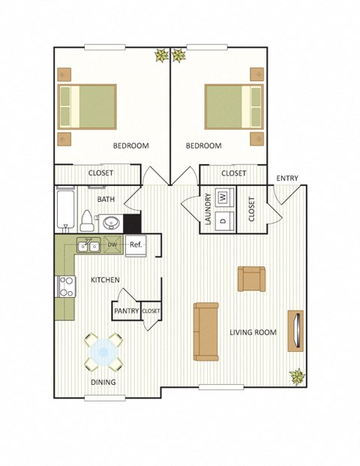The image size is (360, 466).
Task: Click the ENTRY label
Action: point(286,178)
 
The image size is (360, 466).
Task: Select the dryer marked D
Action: point(223,220)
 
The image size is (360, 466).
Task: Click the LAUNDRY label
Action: point(207,209)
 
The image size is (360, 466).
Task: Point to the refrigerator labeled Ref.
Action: point(136,245)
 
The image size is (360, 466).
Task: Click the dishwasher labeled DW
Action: point(112,245)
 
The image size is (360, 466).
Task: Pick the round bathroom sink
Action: point(112,222)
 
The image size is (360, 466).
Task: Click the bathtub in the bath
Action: point(65,210)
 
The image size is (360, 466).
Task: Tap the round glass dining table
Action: point(103,353)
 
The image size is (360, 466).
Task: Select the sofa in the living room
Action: point(205,331)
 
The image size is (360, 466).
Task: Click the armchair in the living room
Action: point(250,278)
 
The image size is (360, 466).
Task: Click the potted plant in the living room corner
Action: point(298,376)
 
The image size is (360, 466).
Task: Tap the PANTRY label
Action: point(127,311)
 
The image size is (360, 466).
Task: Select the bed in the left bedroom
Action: point(88,106)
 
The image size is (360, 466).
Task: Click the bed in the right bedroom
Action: point(234,106)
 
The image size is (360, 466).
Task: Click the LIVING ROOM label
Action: point(253,332)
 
